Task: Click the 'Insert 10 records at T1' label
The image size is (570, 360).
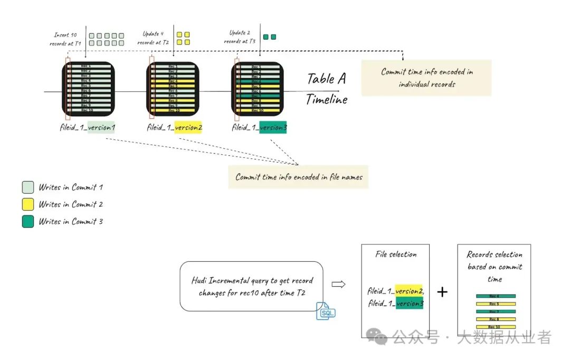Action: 66,39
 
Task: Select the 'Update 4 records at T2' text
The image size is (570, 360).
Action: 154,37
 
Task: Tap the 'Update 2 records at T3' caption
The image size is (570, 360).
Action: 240,37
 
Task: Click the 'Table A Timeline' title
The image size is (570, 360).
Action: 327,89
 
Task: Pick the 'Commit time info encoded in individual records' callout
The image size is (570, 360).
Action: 426,78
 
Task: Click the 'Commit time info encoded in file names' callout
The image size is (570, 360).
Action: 299,177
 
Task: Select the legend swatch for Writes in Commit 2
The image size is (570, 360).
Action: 28,204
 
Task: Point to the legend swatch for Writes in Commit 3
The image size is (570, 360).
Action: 28,222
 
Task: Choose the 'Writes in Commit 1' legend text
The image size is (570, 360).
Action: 70,187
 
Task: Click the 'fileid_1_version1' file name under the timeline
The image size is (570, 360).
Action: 88,128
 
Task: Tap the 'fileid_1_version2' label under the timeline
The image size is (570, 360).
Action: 175,128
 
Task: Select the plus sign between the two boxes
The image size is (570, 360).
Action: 442,291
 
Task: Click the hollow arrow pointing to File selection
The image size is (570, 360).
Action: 338,285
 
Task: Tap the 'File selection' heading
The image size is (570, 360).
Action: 396,254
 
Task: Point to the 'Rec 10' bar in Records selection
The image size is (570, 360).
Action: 495,327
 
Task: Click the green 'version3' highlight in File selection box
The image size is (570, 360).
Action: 410,304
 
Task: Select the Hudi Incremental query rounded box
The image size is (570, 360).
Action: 251,286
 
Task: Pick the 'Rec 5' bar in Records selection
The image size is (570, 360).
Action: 495,304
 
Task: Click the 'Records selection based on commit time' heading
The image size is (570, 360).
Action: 495,267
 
